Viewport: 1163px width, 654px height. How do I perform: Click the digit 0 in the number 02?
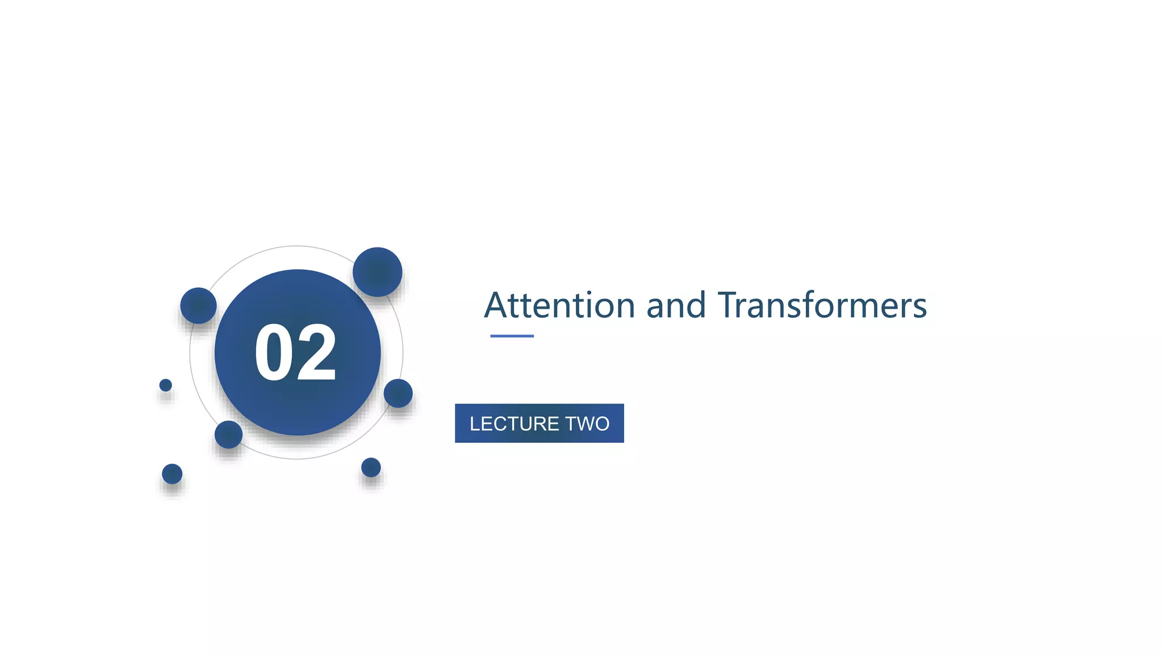click(274, 353)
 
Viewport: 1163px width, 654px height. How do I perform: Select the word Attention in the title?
click(559, 305)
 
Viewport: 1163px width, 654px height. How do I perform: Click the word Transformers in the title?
click(822, 305)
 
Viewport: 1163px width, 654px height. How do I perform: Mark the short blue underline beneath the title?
click(512, 336)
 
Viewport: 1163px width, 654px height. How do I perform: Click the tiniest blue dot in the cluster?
click(165, 385)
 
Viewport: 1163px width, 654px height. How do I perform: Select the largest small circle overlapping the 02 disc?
click(378, 272)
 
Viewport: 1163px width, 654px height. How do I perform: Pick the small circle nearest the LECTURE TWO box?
click(398, 393)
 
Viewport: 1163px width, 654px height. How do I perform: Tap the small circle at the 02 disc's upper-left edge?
click(198, 305)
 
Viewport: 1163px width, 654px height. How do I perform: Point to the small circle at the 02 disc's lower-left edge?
click(228, 434)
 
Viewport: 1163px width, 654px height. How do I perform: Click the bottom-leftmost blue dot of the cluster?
click(172, 473)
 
